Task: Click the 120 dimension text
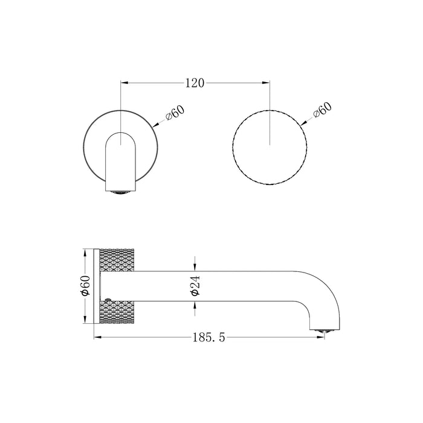point(194,83)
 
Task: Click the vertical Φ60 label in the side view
point(86,285)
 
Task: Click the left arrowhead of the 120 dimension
point(126,83)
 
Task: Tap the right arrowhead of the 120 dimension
point(266,83)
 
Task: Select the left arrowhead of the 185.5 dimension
point(97,339)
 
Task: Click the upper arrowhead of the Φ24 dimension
point(195,266)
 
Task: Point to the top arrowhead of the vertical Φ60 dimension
point(85,251)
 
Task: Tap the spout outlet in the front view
point(121,193)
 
